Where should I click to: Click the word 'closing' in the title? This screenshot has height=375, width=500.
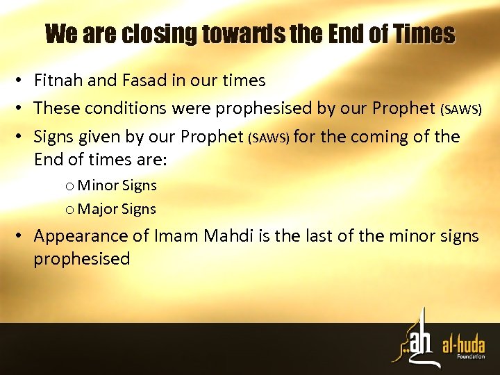click(157, 33)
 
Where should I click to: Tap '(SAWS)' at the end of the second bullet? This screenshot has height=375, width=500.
click(461, 110)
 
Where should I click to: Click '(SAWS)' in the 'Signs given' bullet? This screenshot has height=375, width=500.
click(271, 137)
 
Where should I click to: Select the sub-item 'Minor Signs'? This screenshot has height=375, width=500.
click(117, 185)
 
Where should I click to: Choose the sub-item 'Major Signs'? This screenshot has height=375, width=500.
click(117, 208)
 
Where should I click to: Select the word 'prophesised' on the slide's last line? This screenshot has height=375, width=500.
click(82, 259)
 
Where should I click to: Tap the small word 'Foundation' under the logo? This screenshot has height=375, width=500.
click(470, 356)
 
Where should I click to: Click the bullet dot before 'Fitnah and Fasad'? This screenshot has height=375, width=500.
click(23, 81)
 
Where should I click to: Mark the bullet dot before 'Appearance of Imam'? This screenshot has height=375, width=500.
click(23, 237)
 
